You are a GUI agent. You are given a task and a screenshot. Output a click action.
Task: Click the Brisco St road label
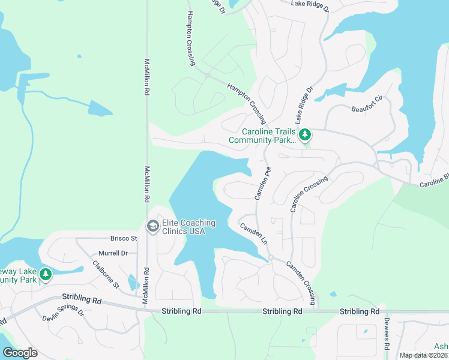pyautogui.click(x=124, y=238)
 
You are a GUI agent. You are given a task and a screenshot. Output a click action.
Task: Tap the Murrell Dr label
pyautogui.click(x=114, y=253)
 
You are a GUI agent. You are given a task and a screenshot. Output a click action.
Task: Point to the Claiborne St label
pyautogui.click(x=106, y=273)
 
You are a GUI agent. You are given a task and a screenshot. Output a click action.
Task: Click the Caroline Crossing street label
pyautogui.click(x=310, y=194)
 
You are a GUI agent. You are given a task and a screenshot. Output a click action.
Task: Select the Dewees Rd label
pyautogui.click(x=387, y=335)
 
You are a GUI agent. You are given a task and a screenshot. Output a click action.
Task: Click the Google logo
pyautogui.click(x=20, y=353)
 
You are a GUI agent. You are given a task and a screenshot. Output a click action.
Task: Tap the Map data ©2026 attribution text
pyautogui.click(x=423, y=355)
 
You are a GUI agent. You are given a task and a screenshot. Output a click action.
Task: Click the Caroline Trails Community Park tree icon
pyautogui.click(x=306, y=135)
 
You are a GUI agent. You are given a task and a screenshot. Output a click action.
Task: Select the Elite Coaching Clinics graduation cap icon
pyautogui.click(x=152, y=226)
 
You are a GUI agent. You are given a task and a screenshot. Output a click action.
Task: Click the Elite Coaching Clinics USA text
pyautogui.click(x=188, y=227)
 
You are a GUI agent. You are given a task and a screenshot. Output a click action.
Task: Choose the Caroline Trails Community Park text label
pyautogui.click(x=262, y=136)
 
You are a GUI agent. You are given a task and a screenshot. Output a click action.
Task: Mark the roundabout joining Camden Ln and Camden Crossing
pyautogui.click(x=271, y=257)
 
